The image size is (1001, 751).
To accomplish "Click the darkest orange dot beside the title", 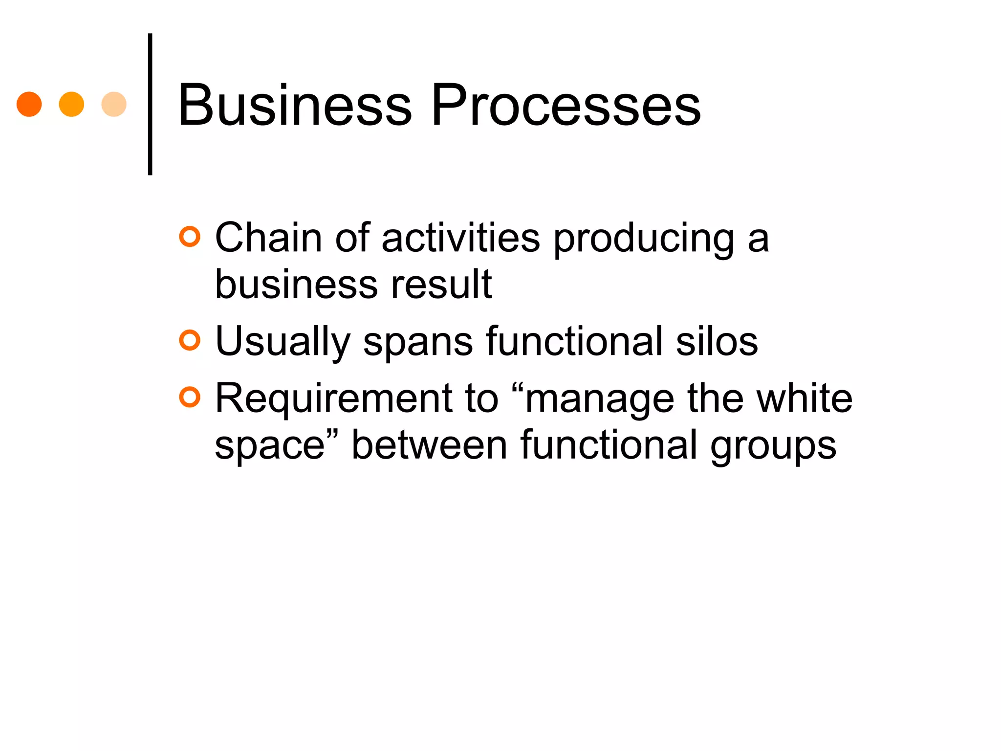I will [29, 104].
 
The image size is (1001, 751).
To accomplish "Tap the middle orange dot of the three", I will [71, 104].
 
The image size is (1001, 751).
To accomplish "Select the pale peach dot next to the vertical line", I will [114, 104].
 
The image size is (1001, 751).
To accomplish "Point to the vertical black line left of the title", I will [150, 104].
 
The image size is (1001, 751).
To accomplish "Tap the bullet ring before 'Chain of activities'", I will [190, 237].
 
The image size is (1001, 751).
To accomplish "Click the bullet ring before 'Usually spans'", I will [190, 340].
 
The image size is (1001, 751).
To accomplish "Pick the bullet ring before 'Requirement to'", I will [190, 397].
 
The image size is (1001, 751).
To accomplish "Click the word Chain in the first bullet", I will [268, 238].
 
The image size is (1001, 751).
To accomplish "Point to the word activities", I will [460, 238].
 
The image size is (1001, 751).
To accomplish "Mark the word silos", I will [717, 341].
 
